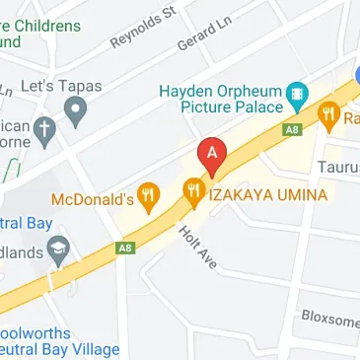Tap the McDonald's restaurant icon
[150, 195]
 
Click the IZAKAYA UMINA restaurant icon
[193, 192]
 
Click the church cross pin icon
[43, 128]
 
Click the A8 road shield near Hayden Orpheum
[291, 127]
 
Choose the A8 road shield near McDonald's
[124, 248]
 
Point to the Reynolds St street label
[142, 26]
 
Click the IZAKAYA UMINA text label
[267, 194]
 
